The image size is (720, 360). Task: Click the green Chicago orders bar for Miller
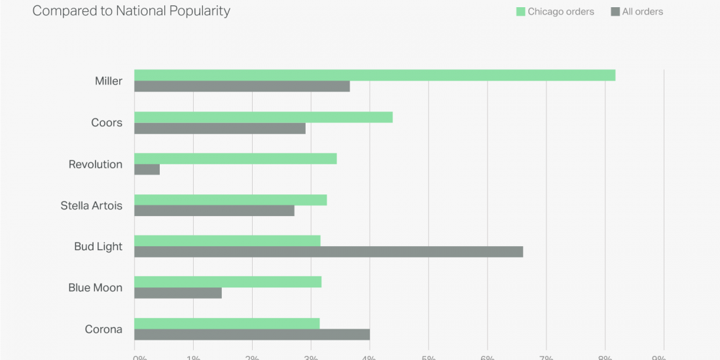374,75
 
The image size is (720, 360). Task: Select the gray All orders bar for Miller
242,86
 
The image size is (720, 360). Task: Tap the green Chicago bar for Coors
263,117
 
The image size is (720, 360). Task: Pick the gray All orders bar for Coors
220,128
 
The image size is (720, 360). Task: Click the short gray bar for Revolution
147,170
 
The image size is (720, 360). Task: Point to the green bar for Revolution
236,158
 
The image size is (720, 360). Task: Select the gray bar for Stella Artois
214,211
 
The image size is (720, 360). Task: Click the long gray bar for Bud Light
329,252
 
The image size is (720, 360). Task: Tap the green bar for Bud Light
227,240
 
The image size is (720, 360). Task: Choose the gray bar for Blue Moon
178,293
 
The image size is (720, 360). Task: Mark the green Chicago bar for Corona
227,323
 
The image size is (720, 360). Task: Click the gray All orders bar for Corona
252,334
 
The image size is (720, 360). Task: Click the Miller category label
109,81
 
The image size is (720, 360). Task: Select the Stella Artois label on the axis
92,206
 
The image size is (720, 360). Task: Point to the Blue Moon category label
96,287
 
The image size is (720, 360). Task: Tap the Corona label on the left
103,329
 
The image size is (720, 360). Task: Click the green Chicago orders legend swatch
521,12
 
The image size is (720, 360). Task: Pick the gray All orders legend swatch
615,12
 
